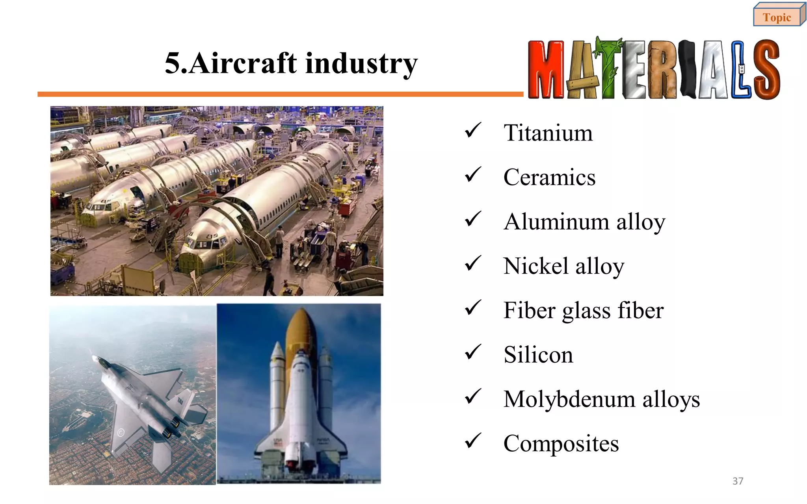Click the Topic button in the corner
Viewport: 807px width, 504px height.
777,17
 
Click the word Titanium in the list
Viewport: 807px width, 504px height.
548,133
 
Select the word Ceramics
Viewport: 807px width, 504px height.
549,177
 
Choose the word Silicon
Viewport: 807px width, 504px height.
538,355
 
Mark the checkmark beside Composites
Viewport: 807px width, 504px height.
472,441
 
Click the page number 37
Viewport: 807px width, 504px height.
738,481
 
